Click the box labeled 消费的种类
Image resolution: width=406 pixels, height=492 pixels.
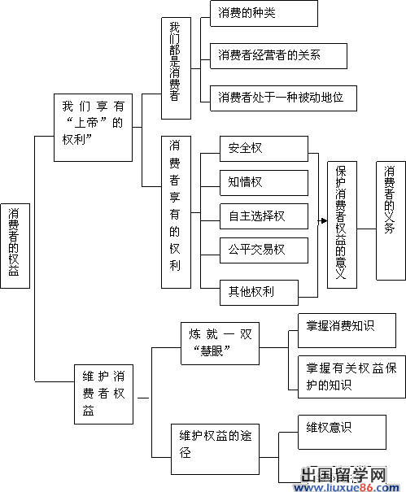(x=264, y=14)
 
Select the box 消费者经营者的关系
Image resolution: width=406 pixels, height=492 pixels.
(x=278, y=56)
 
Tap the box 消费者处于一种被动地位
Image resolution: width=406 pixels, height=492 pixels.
(x=283, y=98)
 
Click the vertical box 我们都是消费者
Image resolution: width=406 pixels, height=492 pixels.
(x=176, y=68)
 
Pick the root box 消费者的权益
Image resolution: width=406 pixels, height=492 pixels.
(x=15, y=246)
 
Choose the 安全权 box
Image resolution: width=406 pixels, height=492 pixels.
(x=264, y=149)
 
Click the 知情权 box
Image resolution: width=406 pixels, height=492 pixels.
(x=264, y=183)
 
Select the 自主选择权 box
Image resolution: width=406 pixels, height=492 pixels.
(x=264, y=216)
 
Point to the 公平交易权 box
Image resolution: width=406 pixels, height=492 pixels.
(x=264, y=250)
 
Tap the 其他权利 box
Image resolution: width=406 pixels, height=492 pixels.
(x=259, y=293)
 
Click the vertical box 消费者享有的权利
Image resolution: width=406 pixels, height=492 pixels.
(x=176, y=212)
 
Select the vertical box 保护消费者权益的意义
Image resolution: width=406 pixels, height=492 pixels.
(x=342, y=224)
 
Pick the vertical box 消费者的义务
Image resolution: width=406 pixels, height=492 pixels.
(x=391, y=220)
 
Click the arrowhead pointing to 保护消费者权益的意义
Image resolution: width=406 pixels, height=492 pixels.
(x=324, y=221)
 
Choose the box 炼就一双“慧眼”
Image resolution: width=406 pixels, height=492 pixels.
(x=220, y=343)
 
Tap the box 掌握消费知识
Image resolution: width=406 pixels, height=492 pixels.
(x=347, y=330)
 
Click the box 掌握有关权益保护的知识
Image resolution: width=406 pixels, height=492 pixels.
(x=351, y=377)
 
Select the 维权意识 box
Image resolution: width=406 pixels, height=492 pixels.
(x=342, y=432)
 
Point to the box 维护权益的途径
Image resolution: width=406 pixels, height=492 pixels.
(x=215, y=449)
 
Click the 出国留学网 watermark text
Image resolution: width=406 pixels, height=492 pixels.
(x=343, y=475)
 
